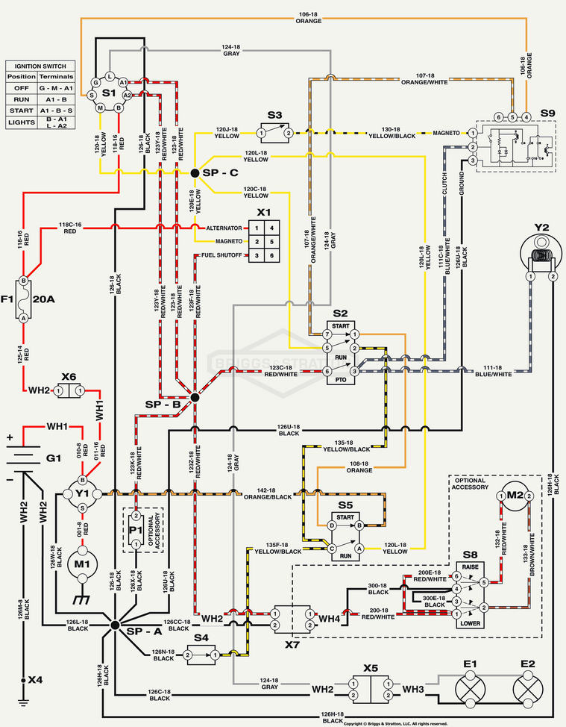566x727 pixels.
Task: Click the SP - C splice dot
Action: pos(195,172)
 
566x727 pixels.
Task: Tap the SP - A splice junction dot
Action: pos(114,625)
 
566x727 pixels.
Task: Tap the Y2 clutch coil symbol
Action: pos(541,256)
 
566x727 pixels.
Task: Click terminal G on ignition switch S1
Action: pos(95,82)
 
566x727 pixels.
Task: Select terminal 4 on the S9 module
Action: pos(526,117)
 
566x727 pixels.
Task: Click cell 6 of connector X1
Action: pos(272,256)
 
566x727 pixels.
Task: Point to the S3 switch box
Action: pos(274,133)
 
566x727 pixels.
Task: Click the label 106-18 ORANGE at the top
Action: pos(309,17)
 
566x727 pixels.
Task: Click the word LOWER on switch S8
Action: pos(470,622)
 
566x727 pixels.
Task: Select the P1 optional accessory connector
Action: pos(136,530)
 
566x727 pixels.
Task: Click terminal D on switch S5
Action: pos(332,525)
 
